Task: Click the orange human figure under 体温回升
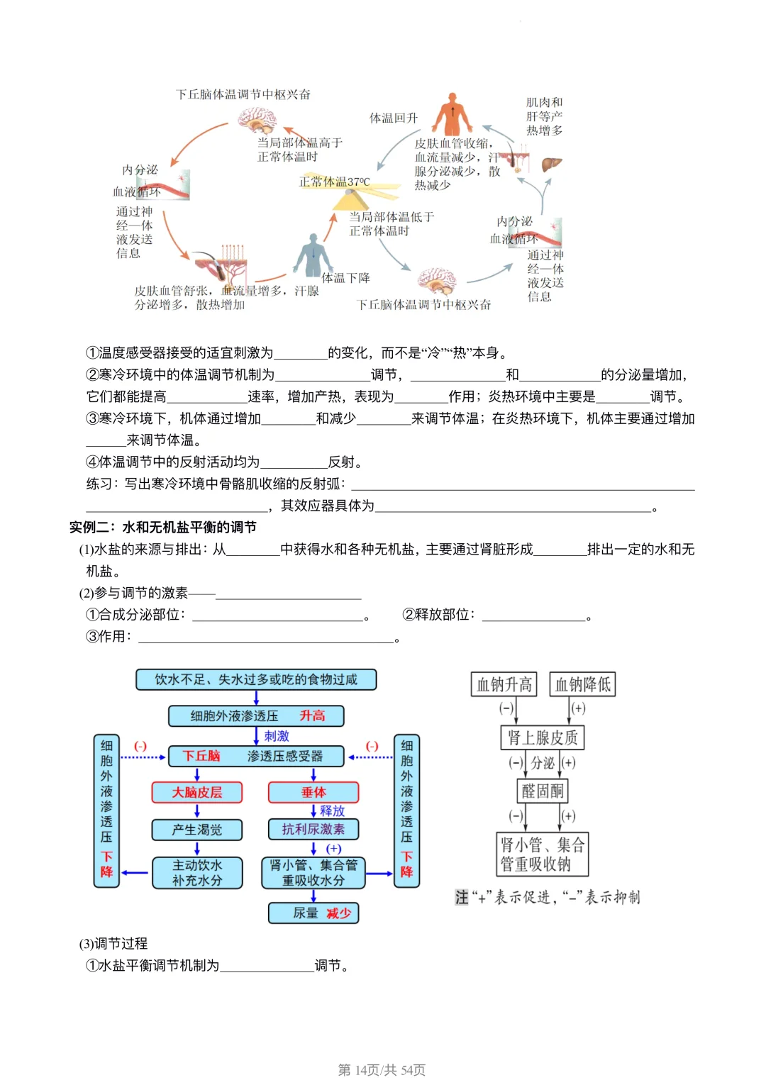click(x=453, y=114)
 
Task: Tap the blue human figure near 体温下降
click(x=311, y=255)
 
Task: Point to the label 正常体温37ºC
click(x=334, y=182)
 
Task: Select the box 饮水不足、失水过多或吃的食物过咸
click(x=256, y=679)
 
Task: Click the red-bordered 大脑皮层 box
click(x=197, y=792)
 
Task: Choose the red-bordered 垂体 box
click(x=313, y=792)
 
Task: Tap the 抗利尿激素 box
click(x=313, y=829)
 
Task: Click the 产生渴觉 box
click(x=197, y=830)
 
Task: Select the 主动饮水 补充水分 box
click(x=197, y=873)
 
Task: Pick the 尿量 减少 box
click(x=313, y=913)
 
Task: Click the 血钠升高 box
click(x=504, y=684)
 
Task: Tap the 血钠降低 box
click(x=582, y=684)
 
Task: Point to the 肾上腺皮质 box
click(x=543, y=737)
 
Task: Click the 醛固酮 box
click(x=543, y=791)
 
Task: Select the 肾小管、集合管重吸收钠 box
click(x=543, y=854)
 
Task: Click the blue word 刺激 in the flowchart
click(x=277, y=736)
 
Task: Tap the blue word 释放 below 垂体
click(x=332, y=811)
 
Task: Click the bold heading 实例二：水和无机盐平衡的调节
click(x=163, y=527)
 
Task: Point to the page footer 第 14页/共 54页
click(x=382, y=1069)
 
